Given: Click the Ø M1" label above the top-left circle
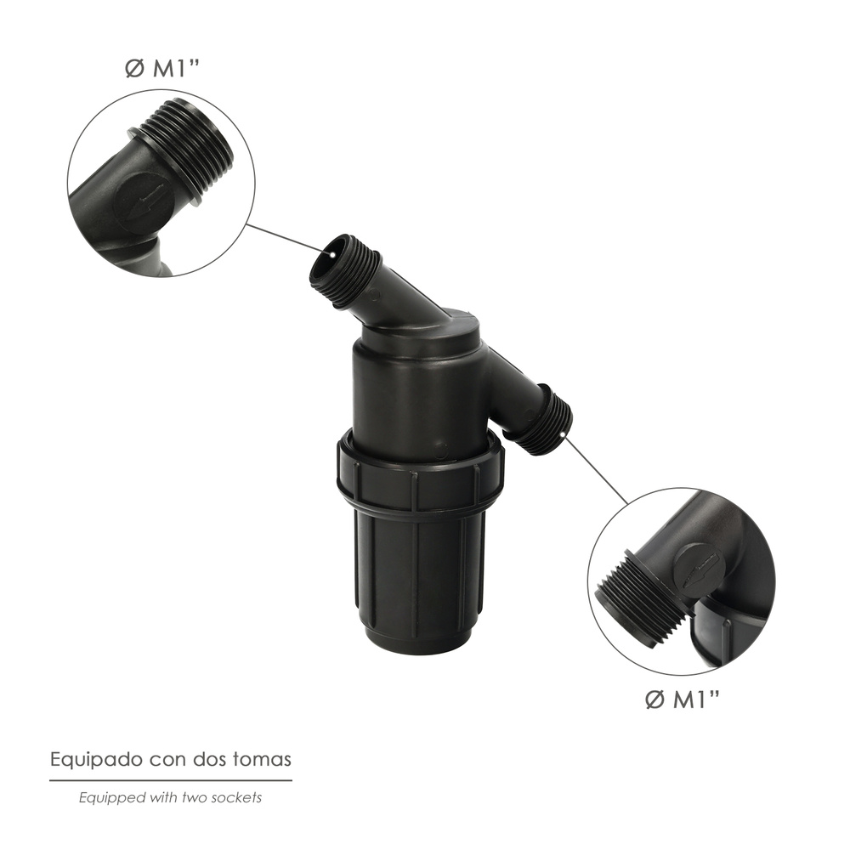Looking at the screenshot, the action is click(162, 69).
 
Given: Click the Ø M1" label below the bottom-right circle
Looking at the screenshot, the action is click(683, 700).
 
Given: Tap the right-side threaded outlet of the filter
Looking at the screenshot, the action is click(547, 418).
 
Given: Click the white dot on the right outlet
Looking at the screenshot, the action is click(564, 433).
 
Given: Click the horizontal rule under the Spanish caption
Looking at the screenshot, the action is click(171, 780).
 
